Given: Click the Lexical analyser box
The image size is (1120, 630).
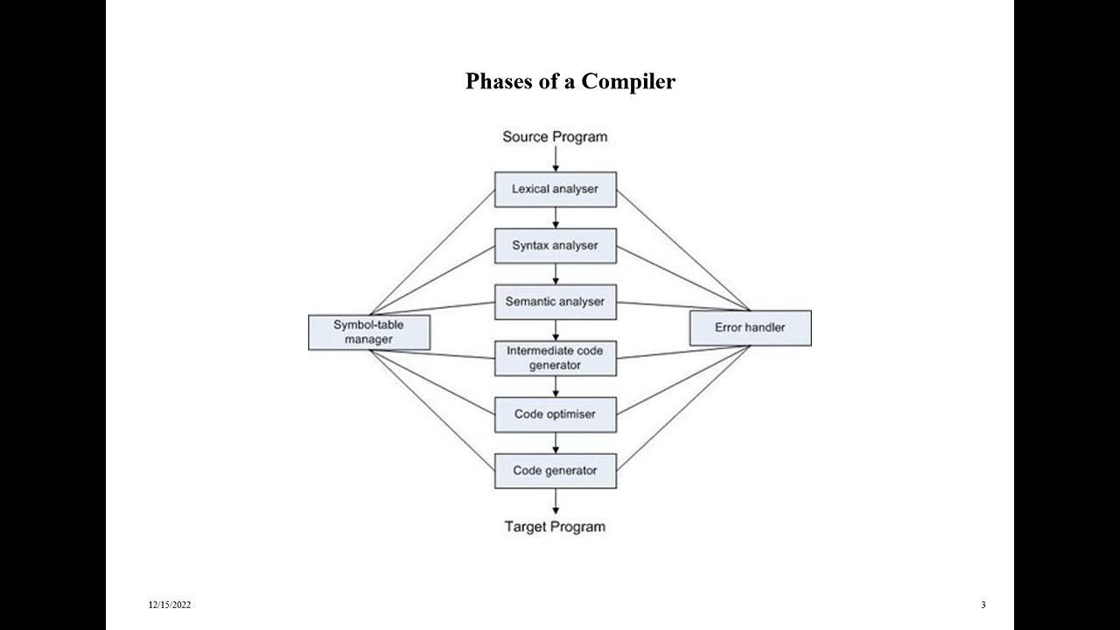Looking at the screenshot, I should click(x=555, y=189).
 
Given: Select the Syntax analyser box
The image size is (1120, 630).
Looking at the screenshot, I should click(x=555, y=246).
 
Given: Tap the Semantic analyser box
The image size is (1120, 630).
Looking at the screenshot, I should click(x=555, y=302).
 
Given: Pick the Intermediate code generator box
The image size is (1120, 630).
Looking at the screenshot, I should click(x=555, y=358).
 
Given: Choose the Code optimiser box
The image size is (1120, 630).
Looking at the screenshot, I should click(x=555, y=414).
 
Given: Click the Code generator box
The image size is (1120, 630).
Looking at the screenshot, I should click(x=555, y=471).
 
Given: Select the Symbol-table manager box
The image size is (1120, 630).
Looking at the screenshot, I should click(x=368, y=332).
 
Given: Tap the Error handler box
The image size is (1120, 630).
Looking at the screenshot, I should click(x=750, y=328).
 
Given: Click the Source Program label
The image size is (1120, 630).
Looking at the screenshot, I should click(x=555, y=136).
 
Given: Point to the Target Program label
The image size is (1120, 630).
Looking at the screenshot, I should click(x=555, y=527).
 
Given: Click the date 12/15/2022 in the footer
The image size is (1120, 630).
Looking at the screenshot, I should click(x=169, y=605).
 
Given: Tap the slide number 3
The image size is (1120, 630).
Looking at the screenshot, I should click(x=983, y=605).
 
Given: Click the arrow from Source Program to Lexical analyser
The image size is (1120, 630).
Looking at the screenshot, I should click(x=556, y=159).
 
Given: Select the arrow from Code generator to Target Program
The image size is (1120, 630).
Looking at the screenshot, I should click(x=556, y=501).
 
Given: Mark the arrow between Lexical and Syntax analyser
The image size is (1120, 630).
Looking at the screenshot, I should click(x=556, y=218).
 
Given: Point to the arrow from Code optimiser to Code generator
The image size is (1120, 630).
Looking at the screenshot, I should click(x=556, y=443).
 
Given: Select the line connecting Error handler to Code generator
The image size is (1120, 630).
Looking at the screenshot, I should click(x=682, y=409).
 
